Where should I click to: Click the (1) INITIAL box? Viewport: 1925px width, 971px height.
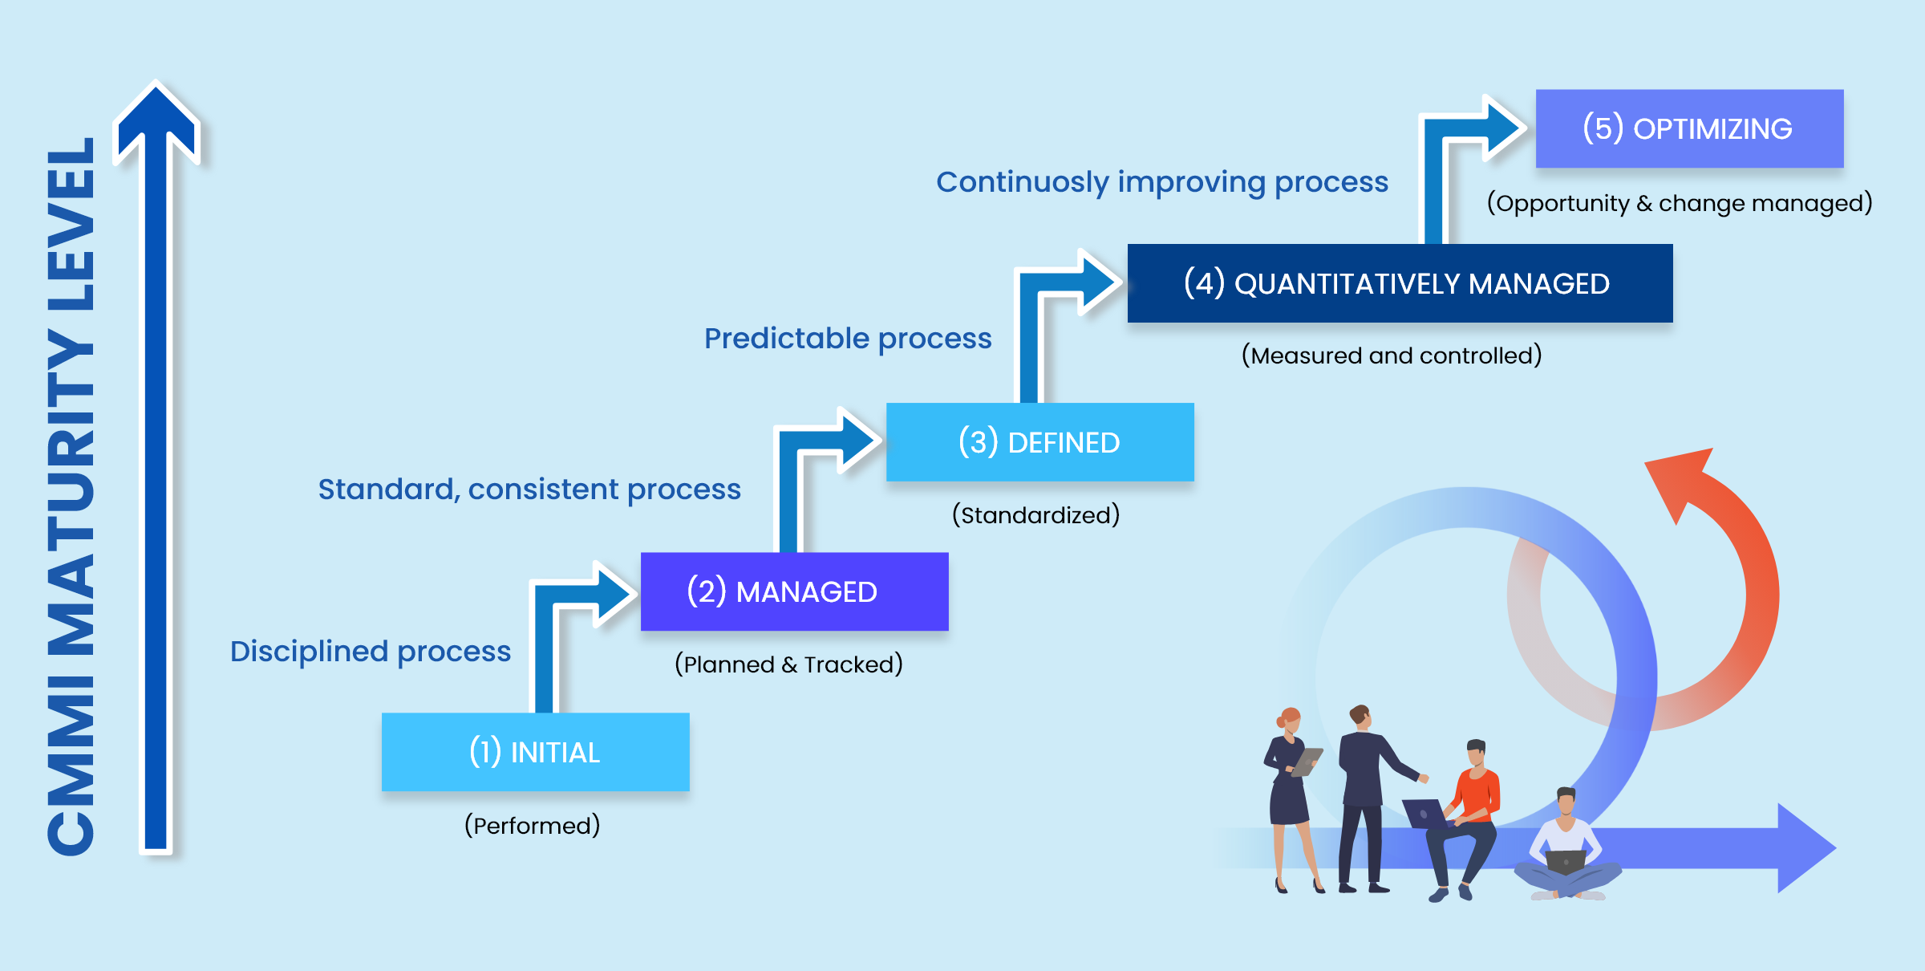(535, 752)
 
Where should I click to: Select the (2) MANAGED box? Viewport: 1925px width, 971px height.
(794, 591)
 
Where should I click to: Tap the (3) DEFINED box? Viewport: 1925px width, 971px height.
(1039, 442)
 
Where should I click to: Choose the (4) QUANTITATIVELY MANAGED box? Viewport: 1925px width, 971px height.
(1400, 283)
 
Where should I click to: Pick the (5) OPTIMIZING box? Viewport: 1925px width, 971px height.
(1689, 128)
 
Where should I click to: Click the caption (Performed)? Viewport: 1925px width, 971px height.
(533, 826)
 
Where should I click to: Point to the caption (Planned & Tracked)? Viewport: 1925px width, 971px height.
(788, 664)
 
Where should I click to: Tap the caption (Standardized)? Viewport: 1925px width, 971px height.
(1035, 514)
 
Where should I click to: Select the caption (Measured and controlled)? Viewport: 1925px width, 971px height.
(1392, 355)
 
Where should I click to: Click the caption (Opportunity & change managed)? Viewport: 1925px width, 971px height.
(1680, 203)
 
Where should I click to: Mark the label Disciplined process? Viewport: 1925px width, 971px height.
(371, 652)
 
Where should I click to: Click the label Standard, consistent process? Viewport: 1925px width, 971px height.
(529, 490)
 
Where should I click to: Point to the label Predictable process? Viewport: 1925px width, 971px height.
(848, 339)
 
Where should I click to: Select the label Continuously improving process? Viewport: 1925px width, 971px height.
(1162, 183)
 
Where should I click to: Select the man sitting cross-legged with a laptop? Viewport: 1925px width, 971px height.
(1566, 847)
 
